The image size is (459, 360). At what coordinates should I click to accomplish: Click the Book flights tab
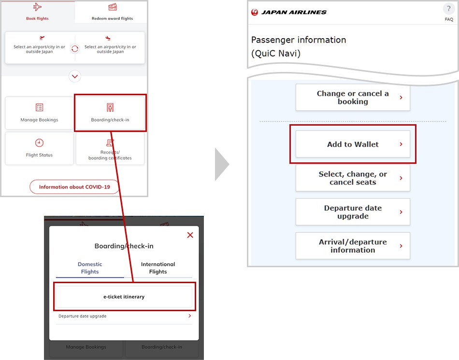[x=37, y=12]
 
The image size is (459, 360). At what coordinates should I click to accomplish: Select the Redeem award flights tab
[x=112, y=12]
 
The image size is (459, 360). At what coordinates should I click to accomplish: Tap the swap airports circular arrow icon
[x=75, y=48]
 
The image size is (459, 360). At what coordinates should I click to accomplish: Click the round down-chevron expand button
[x=75, y=76]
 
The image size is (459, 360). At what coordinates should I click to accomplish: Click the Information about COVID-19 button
[x=74, y=187]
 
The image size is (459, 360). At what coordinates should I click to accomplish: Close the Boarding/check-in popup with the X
[x=190, y=235]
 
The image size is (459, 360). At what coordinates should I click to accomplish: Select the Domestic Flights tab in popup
[x=90, y=268]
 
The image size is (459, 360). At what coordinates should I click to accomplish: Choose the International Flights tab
[x=158, y=268]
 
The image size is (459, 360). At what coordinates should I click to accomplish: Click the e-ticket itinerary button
[x=124, y=297]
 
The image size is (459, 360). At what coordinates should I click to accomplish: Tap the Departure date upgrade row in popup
[x=124, y=316]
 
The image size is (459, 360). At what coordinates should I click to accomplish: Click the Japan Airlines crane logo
[x=255, y=12]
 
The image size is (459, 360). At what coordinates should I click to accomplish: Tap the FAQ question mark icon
[x=449, y=9]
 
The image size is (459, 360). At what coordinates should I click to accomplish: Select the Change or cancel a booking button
[x=353, y=98]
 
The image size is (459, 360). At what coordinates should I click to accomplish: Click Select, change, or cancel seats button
[x=353, y=178]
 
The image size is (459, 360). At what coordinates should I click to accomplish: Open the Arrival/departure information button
[x=353, y=246]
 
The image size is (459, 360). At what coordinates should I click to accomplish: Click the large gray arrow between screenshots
[x=222, y=164]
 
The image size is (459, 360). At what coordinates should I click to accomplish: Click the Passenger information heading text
[x=299, y=40]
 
